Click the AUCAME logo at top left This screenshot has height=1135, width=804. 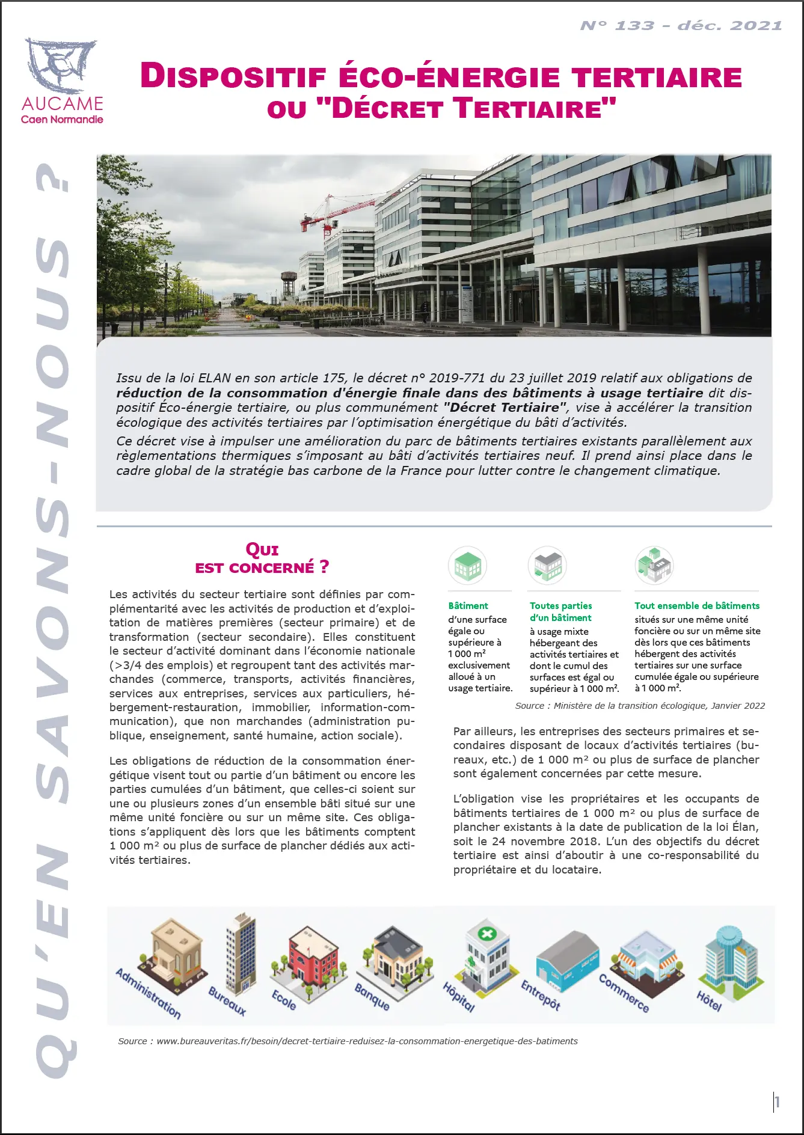[61, 81]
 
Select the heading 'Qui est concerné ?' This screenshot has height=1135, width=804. [262, 558]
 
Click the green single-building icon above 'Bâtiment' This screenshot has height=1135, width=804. [467, 566]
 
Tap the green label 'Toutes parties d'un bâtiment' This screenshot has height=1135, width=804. [560, 611]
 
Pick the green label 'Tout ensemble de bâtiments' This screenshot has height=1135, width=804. [696, 605]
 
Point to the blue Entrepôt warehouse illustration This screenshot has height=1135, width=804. [568, 962]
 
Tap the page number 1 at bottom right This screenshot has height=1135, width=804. [777, 1101]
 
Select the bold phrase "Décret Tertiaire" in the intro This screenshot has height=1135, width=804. [505, 408]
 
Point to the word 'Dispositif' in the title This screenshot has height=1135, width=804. [233, 77]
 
